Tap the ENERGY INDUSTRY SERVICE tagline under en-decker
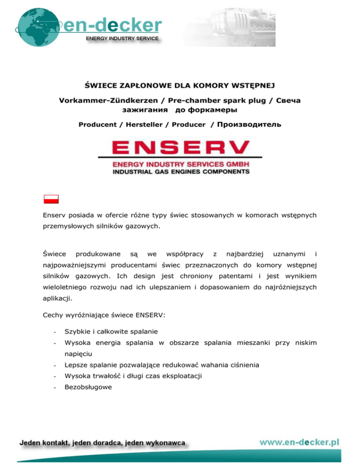[x=122, y=38]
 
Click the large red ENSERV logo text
[x=180, y=149]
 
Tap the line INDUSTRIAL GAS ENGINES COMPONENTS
[x=180, y=172]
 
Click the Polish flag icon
[x=50, y=199]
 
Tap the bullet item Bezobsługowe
[x=88, y=387]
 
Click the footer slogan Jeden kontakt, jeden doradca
[x=102, y=442]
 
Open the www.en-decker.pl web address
[x=299, y=442]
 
